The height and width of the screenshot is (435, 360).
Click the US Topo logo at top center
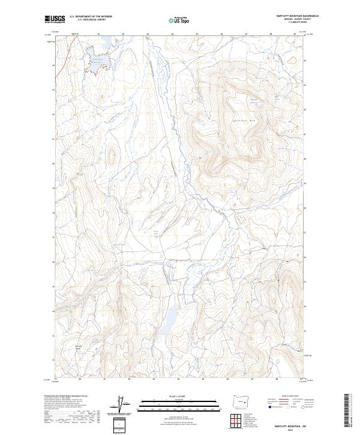tap(180, 20)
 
